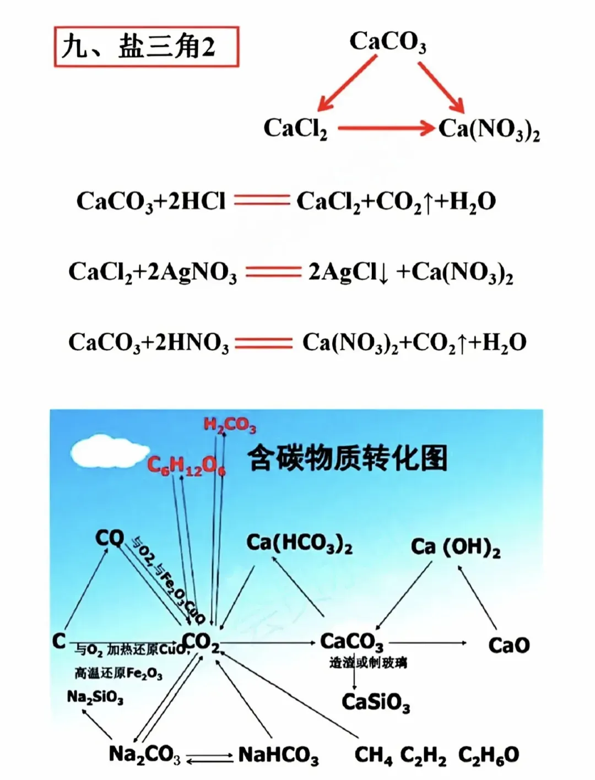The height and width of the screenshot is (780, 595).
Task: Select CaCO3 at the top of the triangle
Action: [x=387, y=42]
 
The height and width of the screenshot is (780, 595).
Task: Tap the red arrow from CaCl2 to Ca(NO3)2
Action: [x=386, y=128]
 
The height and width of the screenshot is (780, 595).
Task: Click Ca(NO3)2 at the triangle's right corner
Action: [x=489, y=130]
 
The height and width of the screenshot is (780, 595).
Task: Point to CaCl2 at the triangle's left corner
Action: [x=295, y=129]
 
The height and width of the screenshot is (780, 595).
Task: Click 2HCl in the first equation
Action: [x=197, y=202]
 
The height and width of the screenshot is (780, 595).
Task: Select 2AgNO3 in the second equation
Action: [x=192, y=272]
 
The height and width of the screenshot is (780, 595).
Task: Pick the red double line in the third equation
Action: [x=263, y=343]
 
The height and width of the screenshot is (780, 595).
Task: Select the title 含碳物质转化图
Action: [x=347, y=458]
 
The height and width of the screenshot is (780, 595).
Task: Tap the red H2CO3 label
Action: [x=230, y=425]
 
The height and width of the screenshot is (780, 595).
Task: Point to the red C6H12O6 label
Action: [x=186, y=466]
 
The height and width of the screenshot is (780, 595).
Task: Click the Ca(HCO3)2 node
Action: [x=299, y=543]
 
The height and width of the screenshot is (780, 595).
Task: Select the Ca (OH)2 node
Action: [x=456, y=548]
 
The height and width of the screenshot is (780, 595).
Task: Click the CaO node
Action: [x=509, y=645]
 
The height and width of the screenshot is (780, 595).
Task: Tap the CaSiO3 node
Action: [x=376, y=702]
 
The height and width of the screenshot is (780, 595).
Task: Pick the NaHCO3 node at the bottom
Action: [x=278, y=755]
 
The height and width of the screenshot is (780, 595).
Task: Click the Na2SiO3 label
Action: [x=95, y=697]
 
